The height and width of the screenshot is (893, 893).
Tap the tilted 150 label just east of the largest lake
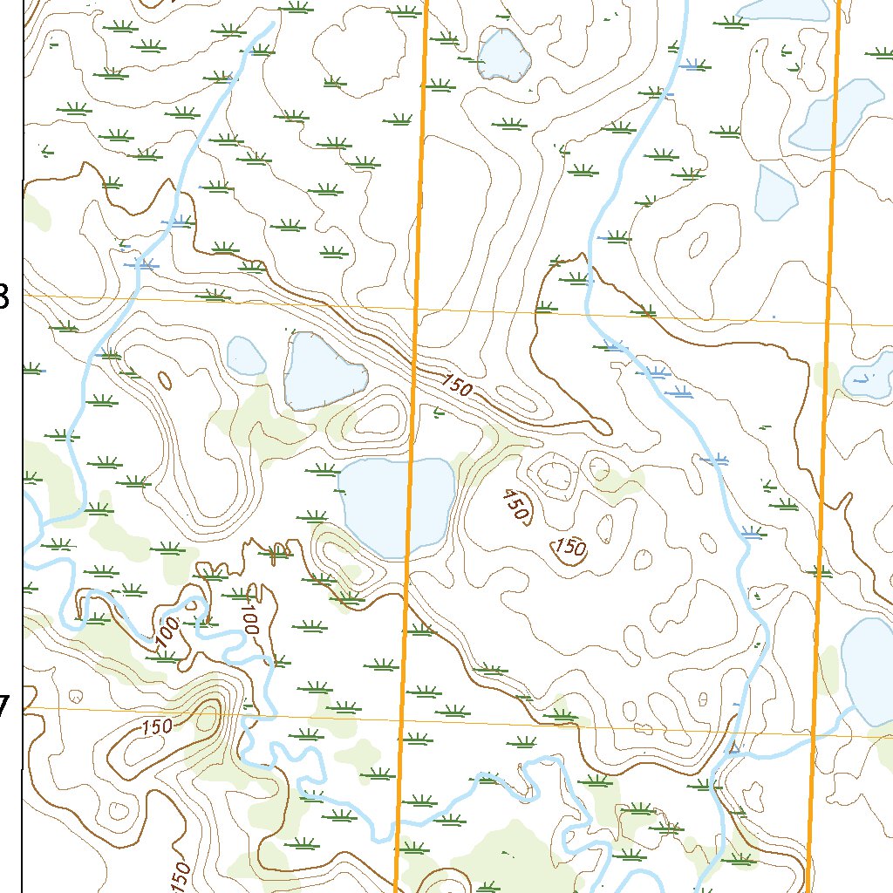point(515,507)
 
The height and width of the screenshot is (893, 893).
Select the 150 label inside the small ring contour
point(569,549)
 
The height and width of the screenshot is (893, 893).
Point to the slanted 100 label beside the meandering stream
point(167,632)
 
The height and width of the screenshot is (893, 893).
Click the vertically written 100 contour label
point(251,617)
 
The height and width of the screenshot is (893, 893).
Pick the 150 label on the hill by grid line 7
point(155,726)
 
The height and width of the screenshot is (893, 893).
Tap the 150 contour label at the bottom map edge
point(181,876)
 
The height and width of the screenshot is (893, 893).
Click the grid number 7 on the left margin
point(4,706)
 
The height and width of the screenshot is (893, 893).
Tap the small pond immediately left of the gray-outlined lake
point(246,353)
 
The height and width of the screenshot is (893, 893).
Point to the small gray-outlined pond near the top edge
point(505,55)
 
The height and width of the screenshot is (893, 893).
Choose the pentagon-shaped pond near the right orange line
point(774,193)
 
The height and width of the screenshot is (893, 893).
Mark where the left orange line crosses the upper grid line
point(416,309)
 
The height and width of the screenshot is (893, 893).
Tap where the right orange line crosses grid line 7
point(813,734)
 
